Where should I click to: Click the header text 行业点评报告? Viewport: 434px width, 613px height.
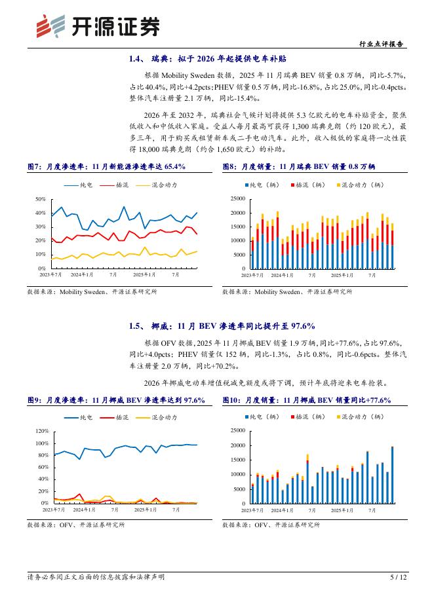(382, 45)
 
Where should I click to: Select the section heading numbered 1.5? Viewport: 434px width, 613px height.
(222, 325)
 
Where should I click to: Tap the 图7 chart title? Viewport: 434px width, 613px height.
(106, 167)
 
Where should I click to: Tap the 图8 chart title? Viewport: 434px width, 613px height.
(298, 167)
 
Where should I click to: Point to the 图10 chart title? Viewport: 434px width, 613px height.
(307, 400)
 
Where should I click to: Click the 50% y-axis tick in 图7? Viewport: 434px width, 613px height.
(40, 198)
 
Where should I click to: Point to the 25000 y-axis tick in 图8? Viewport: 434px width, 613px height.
(235, 198)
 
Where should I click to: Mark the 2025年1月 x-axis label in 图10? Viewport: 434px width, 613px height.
(342, 509)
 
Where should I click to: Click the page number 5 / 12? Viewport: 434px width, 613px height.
(398, 577)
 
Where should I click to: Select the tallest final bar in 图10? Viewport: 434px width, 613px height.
(392, 475)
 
